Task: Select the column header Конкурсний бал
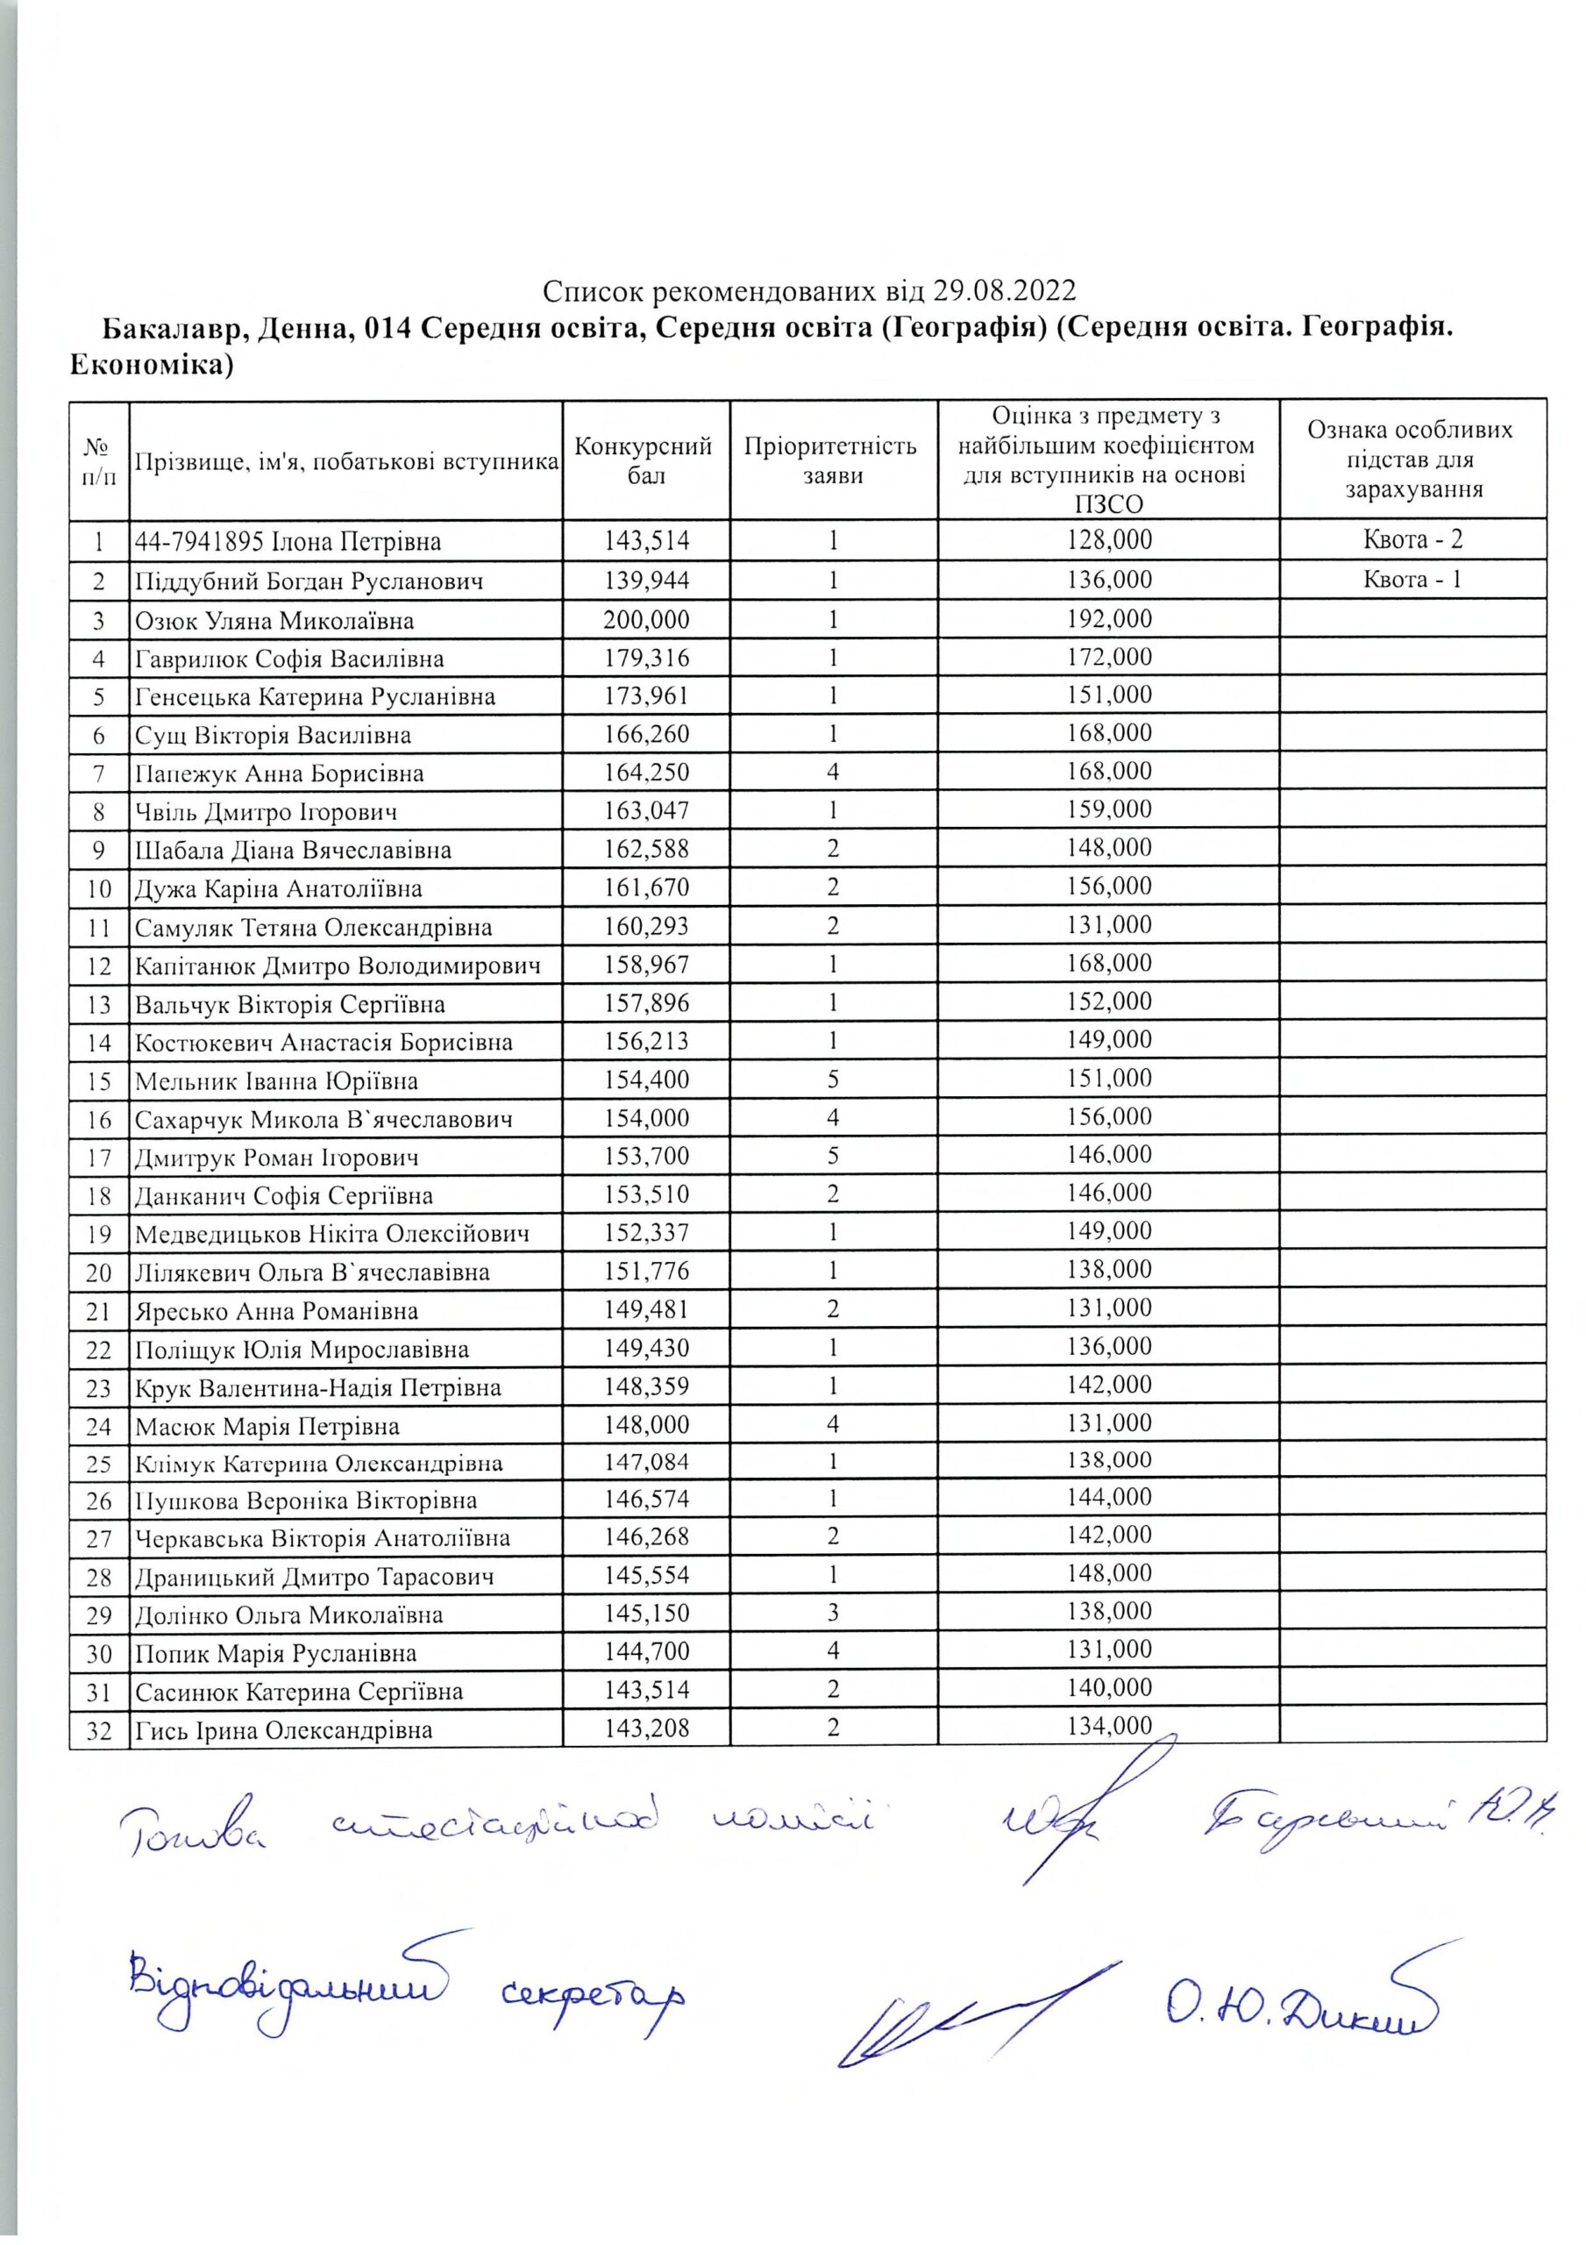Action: (x=644, y=460)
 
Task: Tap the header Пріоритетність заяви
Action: (x=832, y=460)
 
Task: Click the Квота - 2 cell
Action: (x=1413, y=538)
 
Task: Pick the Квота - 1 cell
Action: (x=1413, y=579)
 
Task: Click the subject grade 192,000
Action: (x=1109, y=619)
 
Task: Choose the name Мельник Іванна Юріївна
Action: (x=276, y=1081)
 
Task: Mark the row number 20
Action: (x=99, y=1273)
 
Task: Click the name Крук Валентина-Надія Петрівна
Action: (x=317, y=1388)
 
